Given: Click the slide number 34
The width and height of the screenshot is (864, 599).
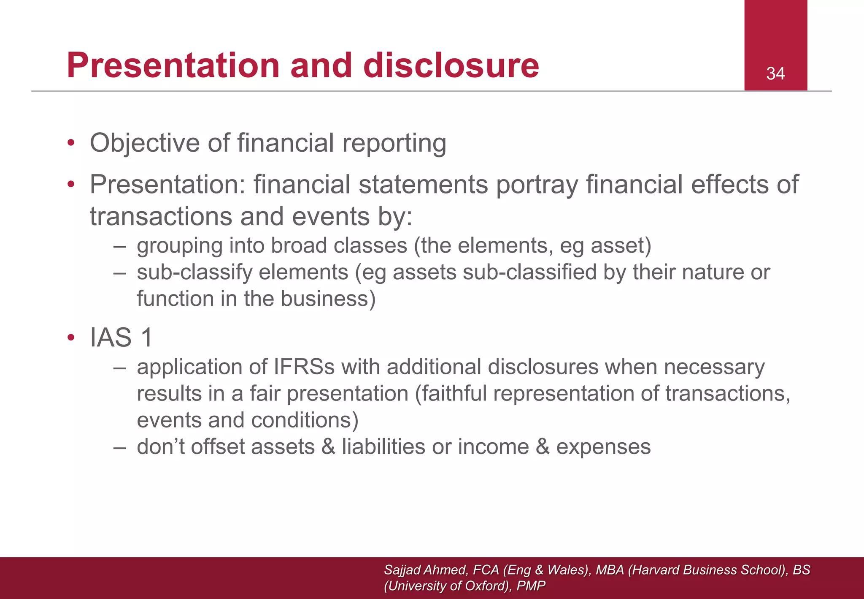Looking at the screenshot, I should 775,74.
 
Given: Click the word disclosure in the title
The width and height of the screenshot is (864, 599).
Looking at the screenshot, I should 451,65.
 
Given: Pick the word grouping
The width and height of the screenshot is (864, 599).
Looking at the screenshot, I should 179,246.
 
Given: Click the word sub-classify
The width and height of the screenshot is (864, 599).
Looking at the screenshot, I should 194,272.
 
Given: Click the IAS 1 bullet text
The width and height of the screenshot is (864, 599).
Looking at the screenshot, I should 121,338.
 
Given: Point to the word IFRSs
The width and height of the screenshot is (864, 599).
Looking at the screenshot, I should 304,367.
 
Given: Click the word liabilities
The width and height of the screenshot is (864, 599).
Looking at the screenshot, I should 383,447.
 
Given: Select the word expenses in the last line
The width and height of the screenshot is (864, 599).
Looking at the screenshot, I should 603,447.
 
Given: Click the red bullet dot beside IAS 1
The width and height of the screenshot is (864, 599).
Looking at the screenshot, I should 71,338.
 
